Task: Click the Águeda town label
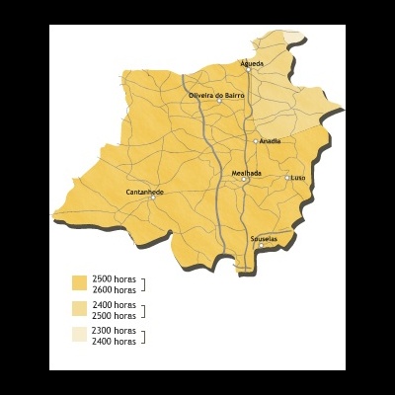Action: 253,63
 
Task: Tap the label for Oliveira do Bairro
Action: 216,95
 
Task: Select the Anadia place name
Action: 271,141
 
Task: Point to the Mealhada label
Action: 246,173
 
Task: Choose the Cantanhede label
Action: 145,191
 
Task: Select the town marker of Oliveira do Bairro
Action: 220,102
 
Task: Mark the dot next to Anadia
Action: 256,141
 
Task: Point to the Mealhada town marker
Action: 244,180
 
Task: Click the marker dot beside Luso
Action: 287,178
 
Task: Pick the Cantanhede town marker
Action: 152,197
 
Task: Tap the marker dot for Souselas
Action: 261,245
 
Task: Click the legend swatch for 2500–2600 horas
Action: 79,284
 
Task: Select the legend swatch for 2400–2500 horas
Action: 79,310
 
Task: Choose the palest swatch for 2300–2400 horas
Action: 79,336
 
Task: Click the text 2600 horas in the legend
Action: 114,290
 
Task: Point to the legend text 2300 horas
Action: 114,330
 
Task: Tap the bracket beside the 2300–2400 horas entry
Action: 144,336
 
